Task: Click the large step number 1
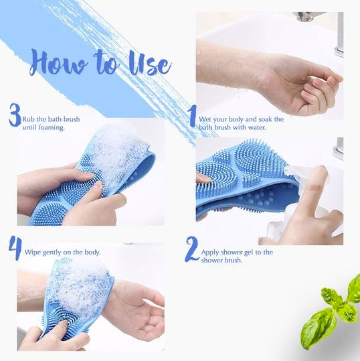[192, 115]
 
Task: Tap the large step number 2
[192, 248]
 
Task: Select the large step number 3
[14, 115]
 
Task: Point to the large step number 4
[15, 248]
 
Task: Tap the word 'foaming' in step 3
[51, 127]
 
